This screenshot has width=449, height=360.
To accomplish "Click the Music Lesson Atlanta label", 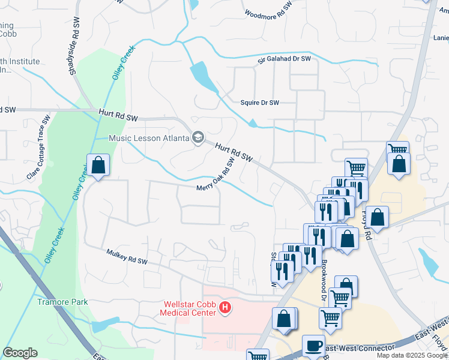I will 149,138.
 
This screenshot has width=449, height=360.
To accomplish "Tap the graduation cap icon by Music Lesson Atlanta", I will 197,138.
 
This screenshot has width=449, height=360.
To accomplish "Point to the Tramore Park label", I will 62,302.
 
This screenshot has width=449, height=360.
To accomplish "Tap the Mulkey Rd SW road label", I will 127,257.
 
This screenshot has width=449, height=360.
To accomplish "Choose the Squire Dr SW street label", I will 260,103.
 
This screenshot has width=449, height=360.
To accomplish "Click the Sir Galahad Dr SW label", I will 285,59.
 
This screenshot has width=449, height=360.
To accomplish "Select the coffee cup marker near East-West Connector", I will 312,346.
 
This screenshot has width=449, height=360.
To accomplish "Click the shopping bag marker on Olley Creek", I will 98,165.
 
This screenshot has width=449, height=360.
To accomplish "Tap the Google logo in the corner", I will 20,353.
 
